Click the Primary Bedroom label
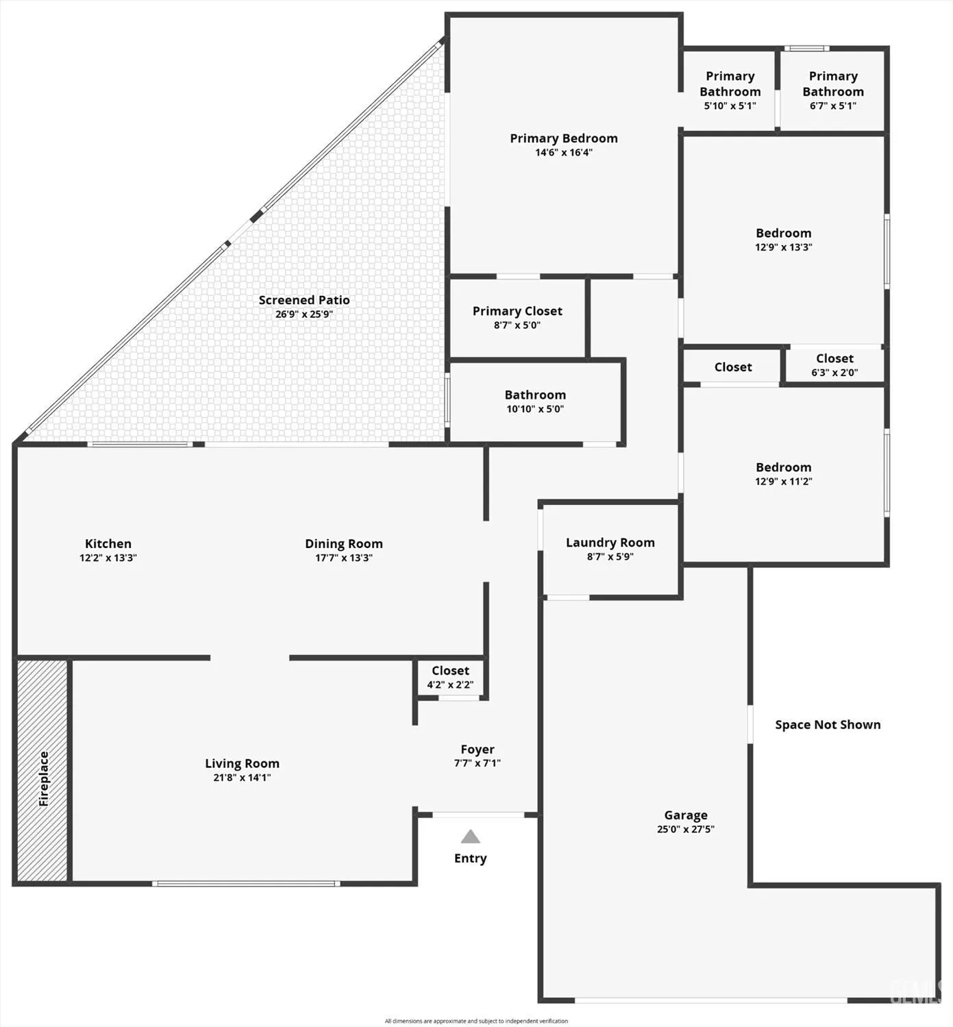click(x=563, y=138)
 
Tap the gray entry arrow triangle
click(x=470, y=837)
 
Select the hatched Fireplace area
click(x=42, y=770)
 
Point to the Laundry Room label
click(x=610, y=543)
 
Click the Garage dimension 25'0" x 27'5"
click(x=685, y=829)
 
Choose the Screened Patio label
click(x=304, y=300)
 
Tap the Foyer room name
click(x=477, y=750)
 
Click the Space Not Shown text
click(x=828, y=725)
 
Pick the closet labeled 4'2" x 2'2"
click(x=450, y=678)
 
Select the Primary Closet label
click(x=517, y=311)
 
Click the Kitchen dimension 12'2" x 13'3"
click(x=108, y=558)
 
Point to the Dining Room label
click(x=343, y=544)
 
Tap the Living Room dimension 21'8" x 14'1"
click(x=242, y=778)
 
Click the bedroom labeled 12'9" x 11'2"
click(x=783, y=474)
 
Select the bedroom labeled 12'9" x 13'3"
click(x=783, y=240)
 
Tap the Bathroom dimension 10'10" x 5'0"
click(x=535, y=409)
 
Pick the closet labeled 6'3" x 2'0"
click(x=834, y=365)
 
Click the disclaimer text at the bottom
click(x=476, y=1021)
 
